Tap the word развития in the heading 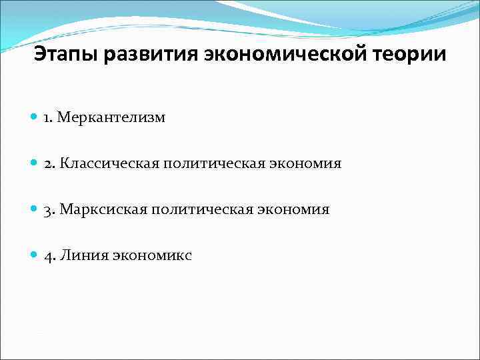145,54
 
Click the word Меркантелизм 111,118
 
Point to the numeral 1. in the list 49,118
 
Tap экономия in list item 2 305,163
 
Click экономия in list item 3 294,209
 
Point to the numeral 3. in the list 49,209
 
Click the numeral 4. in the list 50,255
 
